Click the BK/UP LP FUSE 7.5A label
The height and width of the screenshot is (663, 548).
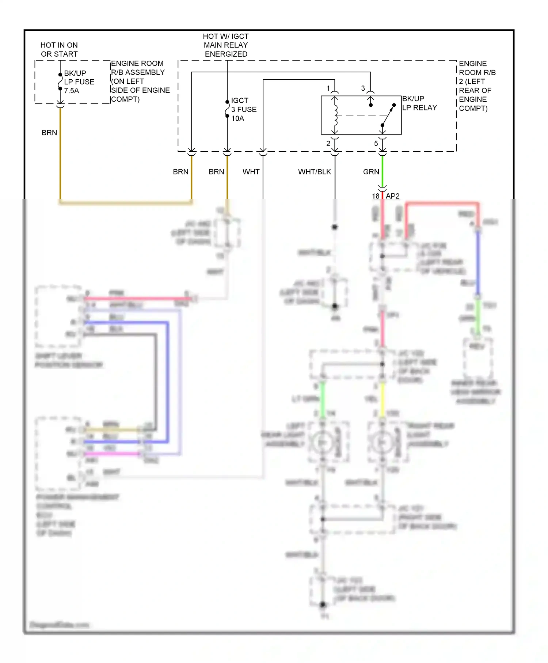pos(79,82)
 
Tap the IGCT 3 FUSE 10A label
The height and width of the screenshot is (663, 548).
pos(243,109)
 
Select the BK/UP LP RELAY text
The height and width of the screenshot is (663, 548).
pos(419,103)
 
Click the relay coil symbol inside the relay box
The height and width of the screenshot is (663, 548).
pos(335,115)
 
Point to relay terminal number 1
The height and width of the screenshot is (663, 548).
pos(328,88)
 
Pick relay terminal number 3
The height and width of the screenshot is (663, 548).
pos(363,88)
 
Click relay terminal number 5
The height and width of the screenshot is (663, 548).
pos(376,144)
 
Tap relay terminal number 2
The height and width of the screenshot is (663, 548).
pos(328,144)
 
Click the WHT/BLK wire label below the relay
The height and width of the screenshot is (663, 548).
pos(314,172)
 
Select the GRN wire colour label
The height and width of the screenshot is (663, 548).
pos(371,172)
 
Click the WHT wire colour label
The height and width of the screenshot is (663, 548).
pos(251,172)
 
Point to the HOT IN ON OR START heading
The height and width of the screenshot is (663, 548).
pos(59,49)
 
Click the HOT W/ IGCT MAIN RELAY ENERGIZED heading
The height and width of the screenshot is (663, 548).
pos(226,45)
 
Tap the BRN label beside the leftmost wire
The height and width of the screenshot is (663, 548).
pos(49,133)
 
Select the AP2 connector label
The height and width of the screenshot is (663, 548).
pos(392,196)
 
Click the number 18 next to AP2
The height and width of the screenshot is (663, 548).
pos(376,196)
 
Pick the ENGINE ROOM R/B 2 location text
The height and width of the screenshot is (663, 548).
pos(477,86)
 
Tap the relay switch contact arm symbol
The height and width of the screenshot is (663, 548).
pos(388,115)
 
